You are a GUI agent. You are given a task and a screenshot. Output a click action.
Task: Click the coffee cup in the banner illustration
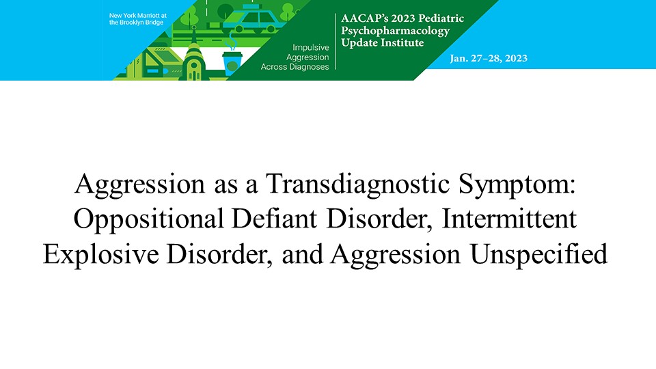coord(232,62)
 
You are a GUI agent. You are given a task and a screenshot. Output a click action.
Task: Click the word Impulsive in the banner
coord(310,48)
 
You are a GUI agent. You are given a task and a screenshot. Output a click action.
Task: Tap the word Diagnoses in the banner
coord(309,66)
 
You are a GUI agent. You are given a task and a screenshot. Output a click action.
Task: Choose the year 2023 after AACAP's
coord(402,18)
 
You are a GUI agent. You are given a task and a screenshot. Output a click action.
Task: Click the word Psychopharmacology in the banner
coord(396,31)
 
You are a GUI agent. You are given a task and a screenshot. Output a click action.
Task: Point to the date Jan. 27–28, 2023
coord(489,59)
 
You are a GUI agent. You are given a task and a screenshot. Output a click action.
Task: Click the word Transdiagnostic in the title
coord(357,184)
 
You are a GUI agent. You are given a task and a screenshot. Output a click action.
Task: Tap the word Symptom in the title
coord(517,184)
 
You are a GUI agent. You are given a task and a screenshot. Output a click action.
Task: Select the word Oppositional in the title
coord(148,219)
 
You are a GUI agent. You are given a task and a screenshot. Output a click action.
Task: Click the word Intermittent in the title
coord(509,219)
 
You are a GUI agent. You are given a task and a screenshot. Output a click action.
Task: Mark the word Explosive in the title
coord(101,255)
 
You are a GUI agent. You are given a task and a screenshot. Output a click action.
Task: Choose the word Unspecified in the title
coord(539,255)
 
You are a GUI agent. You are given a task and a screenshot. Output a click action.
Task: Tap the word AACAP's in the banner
coord(364,18)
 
